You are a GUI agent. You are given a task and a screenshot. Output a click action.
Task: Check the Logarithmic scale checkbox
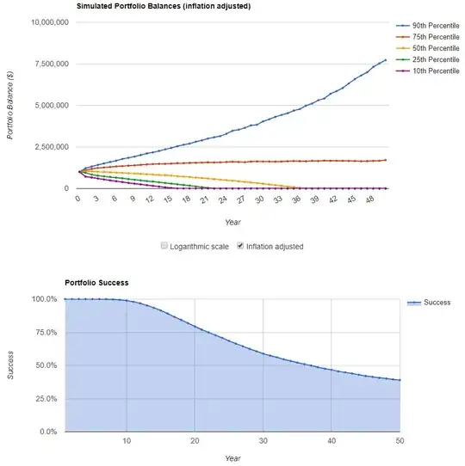[x=165, y=246]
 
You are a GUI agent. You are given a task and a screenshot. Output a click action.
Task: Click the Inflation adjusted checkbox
[x=241, y=246]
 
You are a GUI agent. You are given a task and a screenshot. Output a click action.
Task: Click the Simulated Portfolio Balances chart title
[x=164, y=5]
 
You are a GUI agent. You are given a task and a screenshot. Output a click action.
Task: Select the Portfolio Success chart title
[x=96, y=282]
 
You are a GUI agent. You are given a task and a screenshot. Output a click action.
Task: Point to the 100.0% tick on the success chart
[x=44, y=299]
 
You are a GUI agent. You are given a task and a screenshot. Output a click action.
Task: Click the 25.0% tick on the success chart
[x=46, y=398]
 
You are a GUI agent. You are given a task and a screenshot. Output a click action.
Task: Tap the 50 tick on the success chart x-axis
[x=400, y=441]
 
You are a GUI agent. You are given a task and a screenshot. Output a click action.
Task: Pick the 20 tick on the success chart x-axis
[x=195, y=441]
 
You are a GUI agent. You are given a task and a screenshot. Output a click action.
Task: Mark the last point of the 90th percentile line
[x=385, y=60]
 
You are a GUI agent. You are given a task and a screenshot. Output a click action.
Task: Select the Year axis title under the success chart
[x=232, y=458]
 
